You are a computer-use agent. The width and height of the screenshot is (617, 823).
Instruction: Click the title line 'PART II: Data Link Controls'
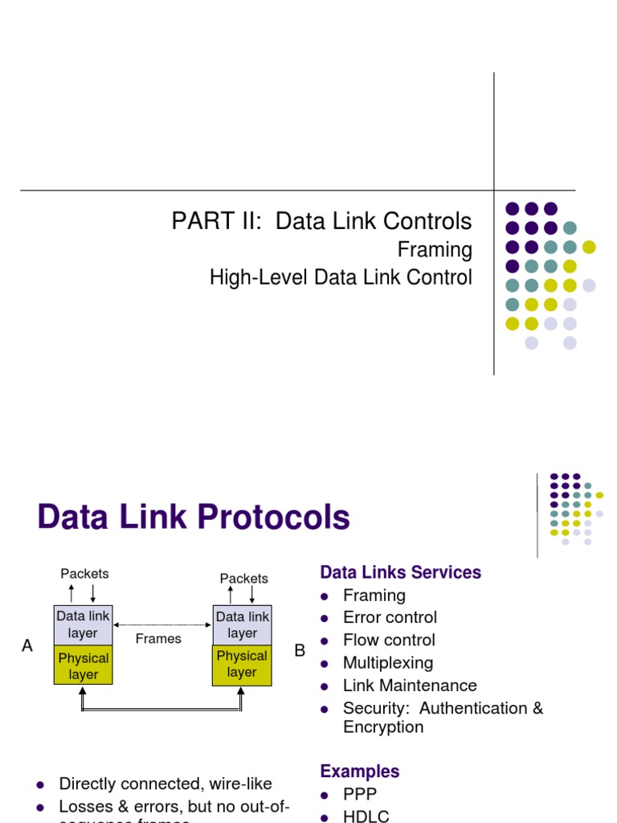pyautogui.click(x=321, y=221)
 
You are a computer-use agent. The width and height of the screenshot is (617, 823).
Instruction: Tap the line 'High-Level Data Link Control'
pyautogui.click(x=341, y=278)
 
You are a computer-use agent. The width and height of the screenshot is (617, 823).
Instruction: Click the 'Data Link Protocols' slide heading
pyautogui.click(x=194, y=517)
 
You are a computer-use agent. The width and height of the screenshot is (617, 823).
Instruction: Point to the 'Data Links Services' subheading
pyautogui.click(x=400, y=572)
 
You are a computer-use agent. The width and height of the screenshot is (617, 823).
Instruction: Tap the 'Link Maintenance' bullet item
pyautogui.click(x=410, y=686)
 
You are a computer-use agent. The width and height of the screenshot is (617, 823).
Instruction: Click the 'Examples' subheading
pyautogui.click(x=359, y=772)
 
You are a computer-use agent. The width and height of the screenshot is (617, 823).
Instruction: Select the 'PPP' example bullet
pyautogui.click(x=359, y=794)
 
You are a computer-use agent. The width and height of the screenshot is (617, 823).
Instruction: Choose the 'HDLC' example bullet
pyautogui.click(x=366, y=816)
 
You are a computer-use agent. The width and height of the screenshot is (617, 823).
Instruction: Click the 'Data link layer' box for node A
pyautogui.click(x=83, y=624)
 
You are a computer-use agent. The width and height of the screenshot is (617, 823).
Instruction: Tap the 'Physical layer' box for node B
pyautogui.click(x=242, y=665)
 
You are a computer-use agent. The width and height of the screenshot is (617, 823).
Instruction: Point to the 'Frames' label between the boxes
pyautogui.click(x=158, y=638)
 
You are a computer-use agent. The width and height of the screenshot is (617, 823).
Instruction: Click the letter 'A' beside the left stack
pyautogui.click(x=27, y=646)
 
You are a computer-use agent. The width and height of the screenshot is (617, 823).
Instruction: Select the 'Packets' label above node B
pyautogui.click(x=243, y=578)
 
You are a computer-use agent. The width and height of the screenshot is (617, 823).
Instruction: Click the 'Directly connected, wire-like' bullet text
pyautogui.click(x=165, y=784)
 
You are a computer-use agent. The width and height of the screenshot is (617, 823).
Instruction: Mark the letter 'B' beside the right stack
pyautogui.click(x=300, y=650)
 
